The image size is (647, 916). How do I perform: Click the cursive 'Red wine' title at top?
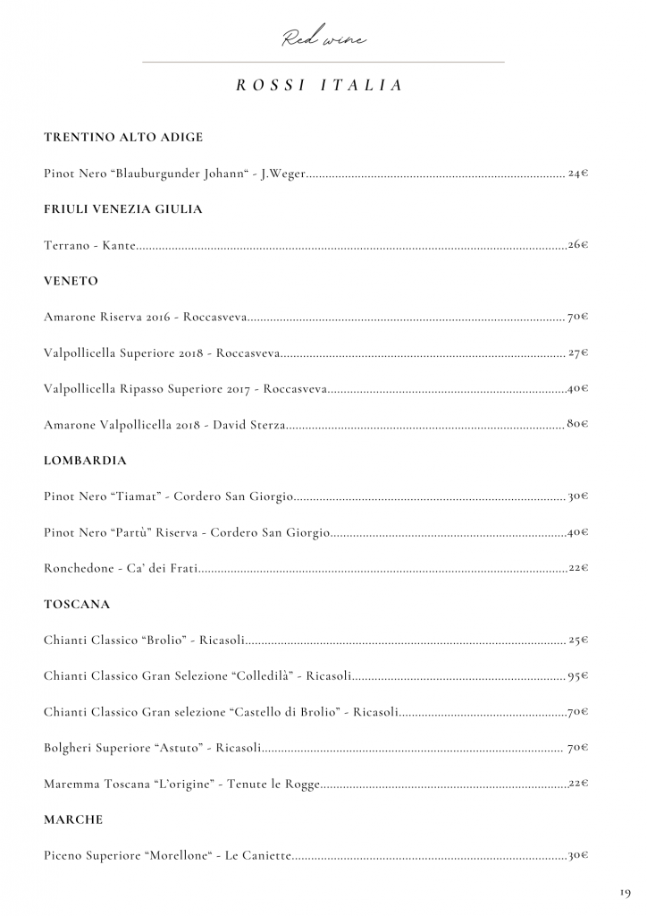323,38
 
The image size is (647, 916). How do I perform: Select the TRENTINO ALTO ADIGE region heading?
123,138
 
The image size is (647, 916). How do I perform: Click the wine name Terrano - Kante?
89,245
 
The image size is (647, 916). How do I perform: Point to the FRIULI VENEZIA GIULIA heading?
123,209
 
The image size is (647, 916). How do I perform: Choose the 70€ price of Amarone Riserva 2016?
577,317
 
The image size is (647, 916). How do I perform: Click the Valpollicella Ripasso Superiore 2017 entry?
185,389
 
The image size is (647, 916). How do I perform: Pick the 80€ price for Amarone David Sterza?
577,424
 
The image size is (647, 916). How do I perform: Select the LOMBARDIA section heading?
85,461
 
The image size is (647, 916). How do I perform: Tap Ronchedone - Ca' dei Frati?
121,568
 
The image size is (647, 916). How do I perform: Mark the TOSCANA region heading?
77,605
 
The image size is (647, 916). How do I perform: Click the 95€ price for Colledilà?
577,676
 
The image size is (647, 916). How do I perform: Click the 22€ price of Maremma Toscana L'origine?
578,784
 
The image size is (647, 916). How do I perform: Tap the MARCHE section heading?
73,819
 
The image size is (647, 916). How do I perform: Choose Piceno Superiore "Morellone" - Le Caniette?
167,856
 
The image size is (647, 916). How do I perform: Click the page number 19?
624,893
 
